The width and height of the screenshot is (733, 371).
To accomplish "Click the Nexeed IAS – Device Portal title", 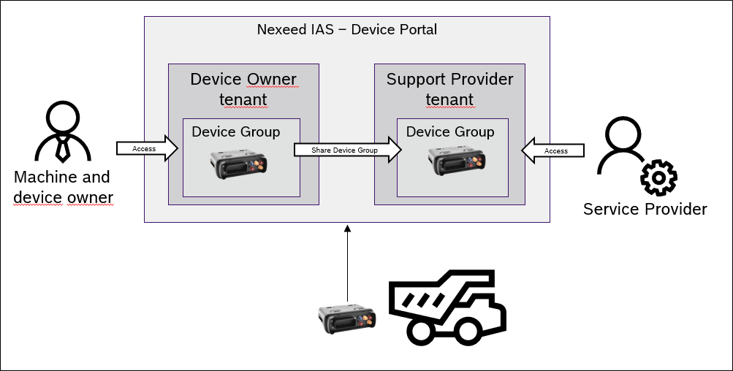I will point(346,30).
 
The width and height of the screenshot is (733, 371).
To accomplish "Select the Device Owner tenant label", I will point(243,88).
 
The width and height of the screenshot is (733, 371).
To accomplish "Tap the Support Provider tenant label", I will point(449,88).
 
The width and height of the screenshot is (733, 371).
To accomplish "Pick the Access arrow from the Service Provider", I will point(554,150).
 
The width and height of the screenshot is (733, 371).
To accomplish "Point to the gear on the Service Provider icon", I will point(658,178).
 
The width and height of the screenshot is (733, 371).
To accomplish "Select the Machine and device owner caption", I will point(61,187).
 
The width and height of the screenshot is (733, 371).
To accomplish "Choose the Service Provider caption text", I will point(645,210).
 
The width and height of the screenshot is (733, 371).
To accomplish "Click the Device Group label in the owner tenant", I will point(235,131).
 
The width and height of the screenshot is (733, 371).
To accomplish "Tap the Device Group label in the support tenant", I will point(450,131).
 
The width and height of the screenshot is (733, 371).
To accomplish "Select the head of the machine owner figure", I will point(63,117).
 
